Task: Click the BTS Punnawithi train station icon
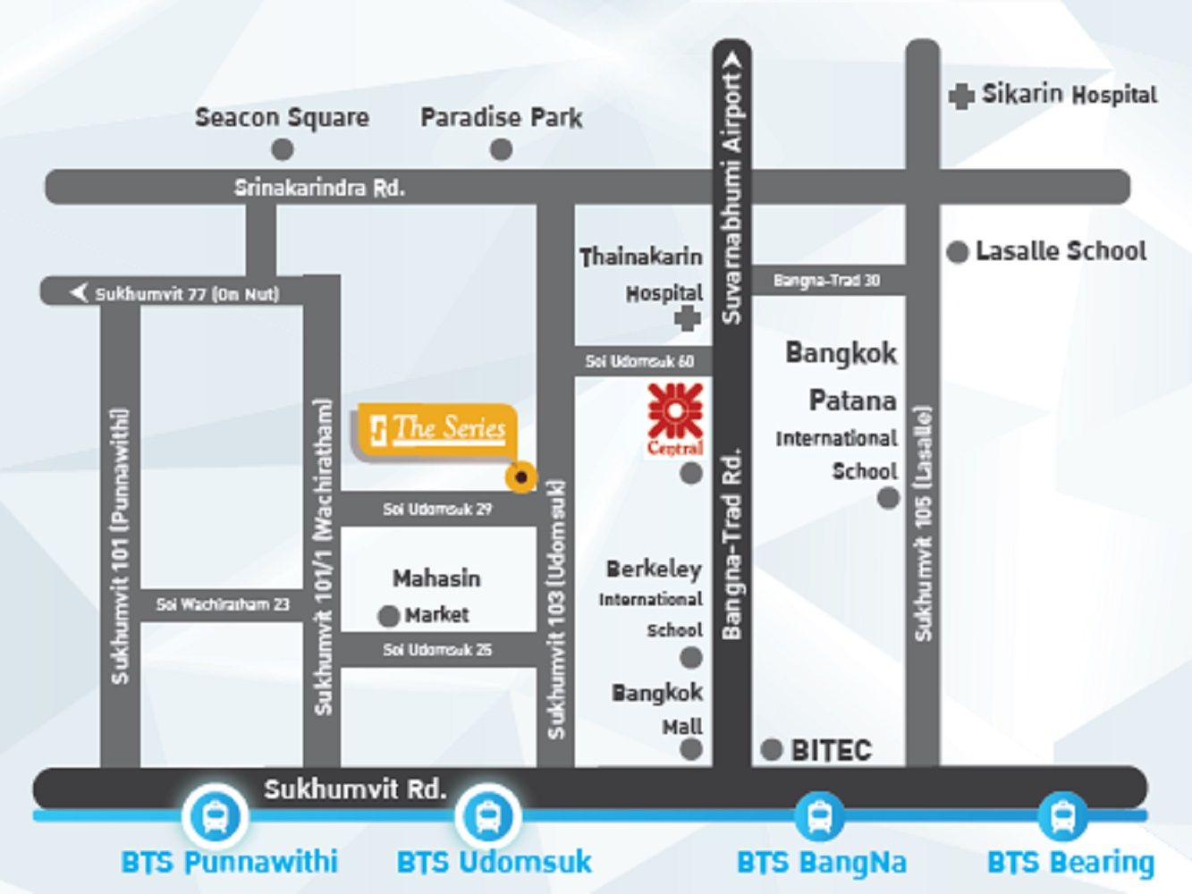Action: pyautogui.click(x=215, y=816)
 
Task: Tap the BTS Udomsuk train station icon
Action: pyautogui.click(x=488, y=816)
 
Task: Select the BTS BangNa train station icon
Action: pyautogui.click(x=819, y=816)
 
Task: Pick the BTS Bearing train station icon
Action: pyautogui.click(x=1062, y=816)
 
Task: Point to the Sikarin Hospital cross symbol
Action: pyautogui.click(x=961, y=96)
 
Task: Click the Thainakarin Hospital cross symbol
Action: pyautogui.click(x=687, y=317)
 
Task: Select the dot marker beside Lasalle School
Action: pyautogui.click(x=958, y=253)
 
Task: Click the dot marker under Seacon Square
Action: pyautogui.click(x=283, y=149)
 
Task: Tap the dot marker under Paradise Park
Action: pyautogui.click(x=502, y=149)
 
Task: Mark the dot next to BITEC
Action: pyautogui.click(x=771, y=749)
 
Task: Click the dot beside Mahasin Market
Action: pyautogui.click(x=388, y=616)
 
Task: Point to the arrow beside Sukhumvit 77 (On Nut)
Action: pyautogui.click(x=79, y=292)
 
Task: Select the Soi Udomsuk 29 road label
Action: pyautogui.click(x=437, y=510)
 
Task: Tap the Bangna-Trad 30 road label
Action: pyautogui.click(x=826, y=281)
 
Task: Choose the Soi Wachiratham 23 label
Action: pyautogui.click(x=223, y=605)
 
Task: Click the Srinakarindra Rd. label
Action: pyautogui.click(x=319, y=188)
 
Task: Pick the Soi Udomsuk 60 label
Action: pyautogui.click(x=639, y=361)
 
